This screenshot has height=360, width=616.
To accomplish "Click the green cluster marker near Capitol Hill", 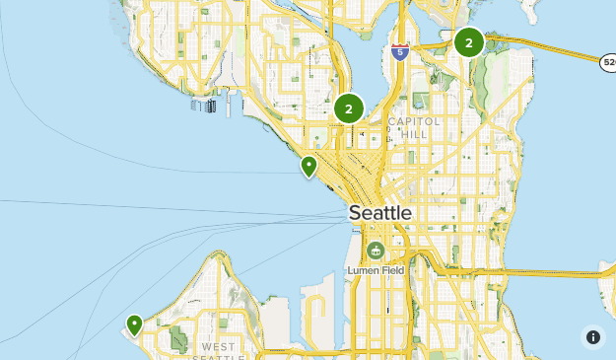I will click(349, 108).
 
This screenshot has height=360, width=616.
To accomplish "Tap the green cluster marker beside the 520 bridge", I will click(468, 42).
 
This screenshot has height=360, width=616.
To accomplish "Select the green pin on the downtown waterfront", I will click(309, 166).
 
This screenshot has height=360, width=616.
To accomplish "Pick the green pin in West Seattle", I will click(134, 324).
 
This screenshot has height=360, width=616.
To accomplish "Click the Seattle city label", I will click(379, 213).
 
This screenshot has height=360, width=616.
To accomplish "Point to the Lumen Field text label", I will click(375, 270).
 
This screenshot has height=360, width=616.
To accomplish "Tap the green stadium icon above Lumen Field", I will click(375, 251).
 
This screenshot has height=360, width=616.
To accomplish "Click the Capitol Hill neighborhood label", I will click(408, 127).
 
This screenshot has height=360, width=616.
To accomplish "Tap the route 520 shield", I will click(608, 63).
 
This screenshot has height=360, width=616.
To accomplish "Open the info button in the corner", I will click(592, 337).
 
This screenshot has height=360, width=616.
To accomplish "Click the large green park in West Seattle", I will click(178, 338).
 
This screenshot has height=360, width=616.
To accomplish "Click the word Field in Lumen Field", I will click(391, 270).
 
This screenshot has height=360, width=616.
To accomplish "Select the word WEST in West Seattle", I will click(218, 347).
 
